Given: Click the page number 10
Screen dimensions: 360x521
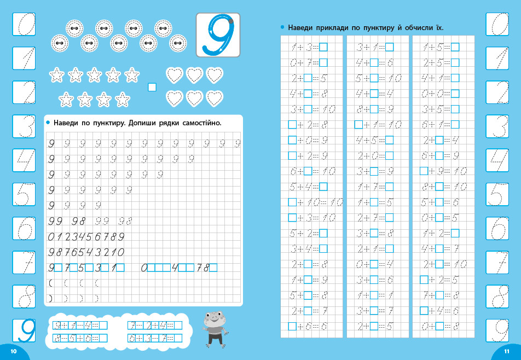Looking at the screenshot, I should coord(14,351).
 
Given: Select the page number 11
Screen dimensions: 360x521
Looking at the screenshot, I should coord(507,351).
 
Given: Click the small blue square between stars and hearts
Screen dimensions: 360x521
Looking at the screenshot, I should coord(152,87).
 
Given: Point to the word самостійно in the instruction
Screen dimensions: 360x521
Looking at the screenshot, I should coord(200,123).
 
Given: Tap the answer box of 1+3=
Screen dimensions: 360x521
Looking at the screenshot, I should coord(323,47).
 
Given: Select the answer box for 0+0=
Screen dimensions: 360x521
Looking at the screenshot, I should coord(455,94).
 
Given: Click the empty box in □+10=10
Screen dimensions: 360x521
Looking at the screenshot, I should coord(292,202).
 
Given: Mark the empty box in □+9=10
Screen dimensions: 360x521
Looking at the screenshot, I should coord(424,171).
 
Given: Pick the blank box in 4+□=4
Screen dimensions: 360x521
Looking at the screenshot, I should coord(374,94).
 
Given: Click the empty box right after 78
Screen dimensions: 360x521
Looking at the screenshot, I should coord(213,268).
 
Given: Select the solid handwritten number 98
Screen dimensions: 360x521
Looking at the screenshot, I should coord(80,222).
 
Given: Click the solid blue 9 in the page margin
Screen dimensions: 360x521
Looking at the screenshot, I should coord(24,331).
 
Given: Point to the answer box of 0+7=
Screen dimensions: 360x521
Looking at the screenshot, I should coord(323,62).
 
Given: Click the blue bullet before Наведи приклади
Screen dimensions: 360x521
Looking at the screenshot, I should coord(282,27).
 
